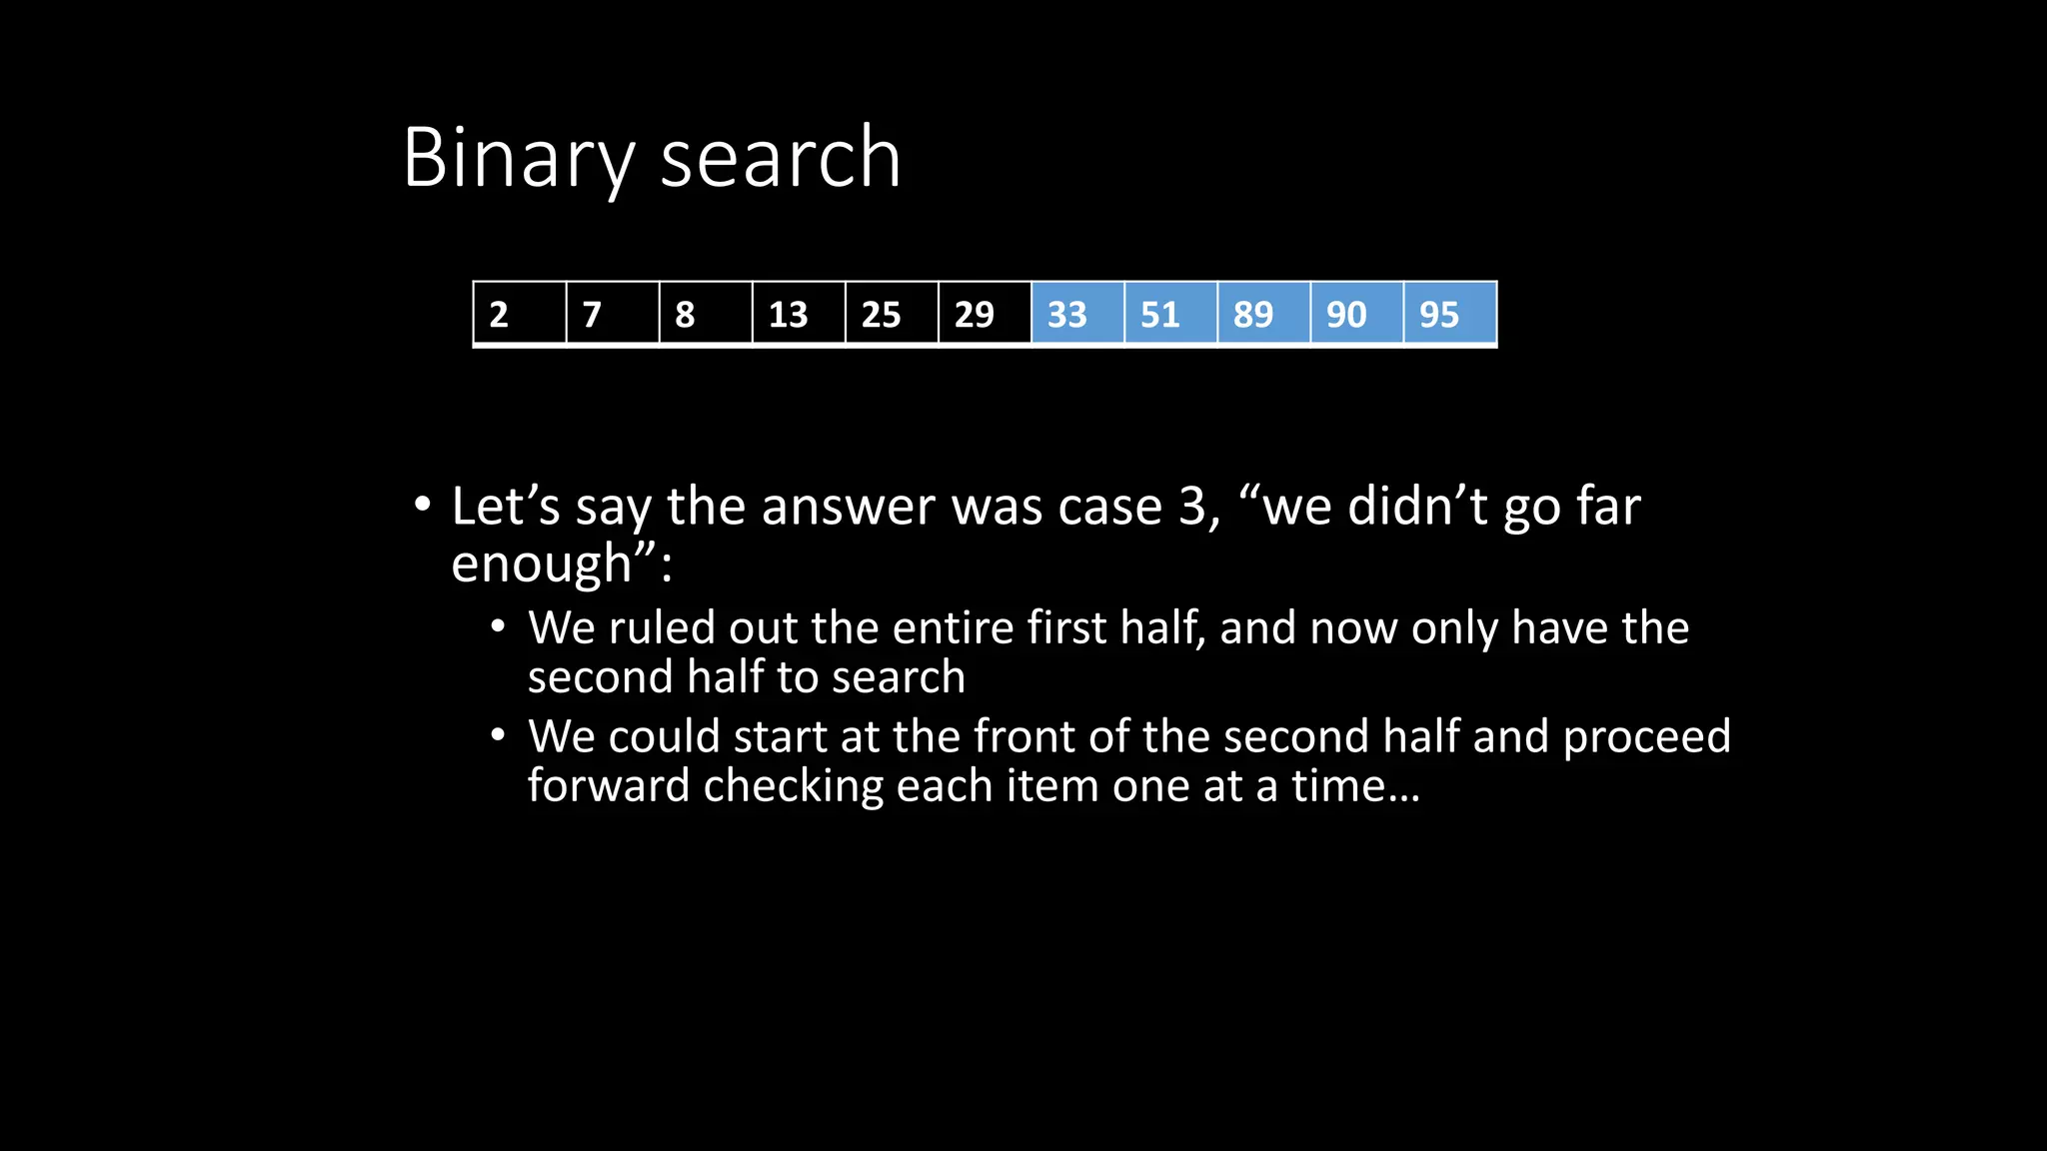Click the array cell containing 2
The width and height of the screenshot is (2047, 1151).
tap(520, 314)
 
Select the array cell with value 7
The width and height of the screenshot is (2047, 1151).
tap(613, 314)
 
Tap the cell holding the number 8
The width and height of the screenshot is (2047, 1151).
tap(706, 314)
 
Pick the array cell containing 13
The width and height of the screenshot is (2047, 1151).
tap(799, 314)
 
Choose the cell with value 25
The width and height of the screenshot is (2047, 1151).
tap(892, 314)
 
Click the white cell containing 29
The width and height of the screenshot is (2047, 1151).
tap(985, 314)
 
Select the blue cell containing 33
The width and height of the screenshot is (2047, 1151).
tap(1077, 314)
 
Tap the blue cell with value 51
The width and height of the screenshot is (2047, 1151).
tap(1170, 314)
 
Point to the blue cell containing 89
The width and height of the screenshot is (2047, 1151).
tap(1263, 314)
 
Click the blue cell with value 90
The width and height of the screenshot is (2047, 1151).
tap(1356, 314)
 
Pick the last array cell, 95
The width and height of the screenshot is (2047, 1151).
tap(1449, 314)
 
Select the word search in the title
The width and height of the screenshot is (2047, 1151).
tap(781, 158)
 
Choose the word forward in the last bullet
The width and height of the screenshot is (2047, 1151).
tap(608, 785)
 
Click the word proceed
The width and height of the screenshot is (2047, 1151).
tap(1646, 737)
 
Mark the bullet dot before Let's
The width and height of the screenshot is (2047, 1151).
tap(423, 504)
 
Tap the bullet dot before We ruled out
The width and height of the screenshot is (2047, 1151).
tap(499, 627)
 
